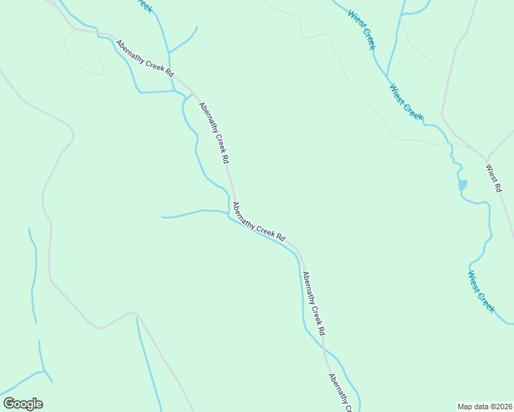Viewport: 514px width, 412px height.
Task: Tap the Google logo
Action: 23,404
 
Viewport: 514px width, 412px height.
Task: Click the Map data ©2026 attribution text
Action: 484,406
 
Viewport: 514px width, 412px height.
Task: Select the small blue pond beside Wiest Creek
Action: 462,185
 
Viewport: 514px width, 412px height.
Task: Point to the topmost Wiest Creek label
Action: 361,30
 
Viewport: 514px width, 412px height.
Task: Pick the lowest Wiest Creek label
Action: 481,292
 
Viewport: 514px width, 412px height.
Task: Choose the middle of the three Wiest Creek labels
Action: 406,102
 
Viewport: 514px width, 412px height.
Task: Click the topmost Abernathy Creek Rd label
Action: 144,58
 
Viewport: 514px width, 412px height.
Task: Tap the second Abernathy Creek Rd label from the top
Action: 213,132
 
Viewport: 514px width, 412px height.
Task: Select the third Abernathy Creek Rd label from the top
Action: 258,221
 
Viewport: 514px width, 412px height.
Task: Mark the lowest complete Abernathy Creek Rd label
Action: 313,303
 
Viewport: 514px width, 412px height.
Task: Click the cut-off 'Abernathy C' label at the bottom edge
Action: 339,393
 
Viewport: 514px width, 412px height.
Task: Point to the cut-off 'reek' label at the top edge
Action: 144,5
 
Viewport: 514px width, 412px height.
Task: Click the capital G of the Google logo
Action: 9,403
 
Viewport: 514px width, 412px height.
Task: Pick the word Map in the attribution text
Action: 465,406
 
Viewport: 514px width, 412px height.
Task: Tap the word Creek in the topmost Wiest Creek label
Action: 368,38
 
